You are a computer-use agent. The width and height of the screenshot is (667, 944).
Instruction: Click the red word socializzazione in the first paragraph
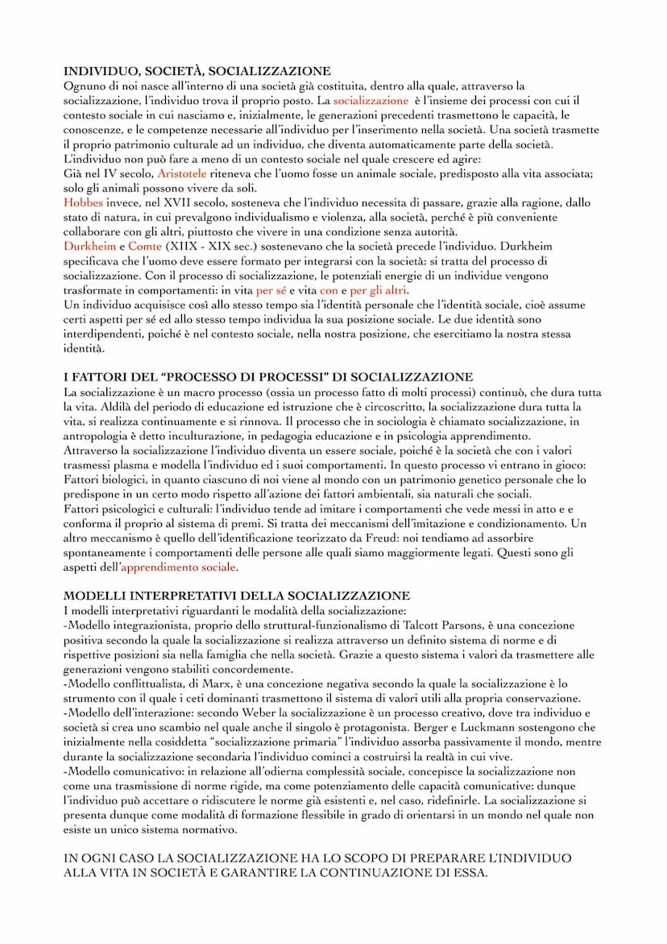371,101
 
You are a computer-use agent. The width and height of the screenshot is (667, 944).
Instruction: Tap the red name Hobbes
83,202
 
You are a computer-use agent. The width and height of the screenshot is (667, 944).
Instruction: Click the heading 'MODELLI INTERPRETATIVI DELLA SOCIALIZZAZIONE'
236,596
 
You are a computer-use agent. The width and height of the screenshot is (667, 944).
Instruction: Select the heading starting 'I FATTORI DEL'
267,376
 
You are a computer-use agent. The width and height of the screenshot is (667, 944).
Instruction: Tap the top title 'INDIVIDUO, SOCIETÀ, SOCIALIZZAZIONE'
197,72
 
